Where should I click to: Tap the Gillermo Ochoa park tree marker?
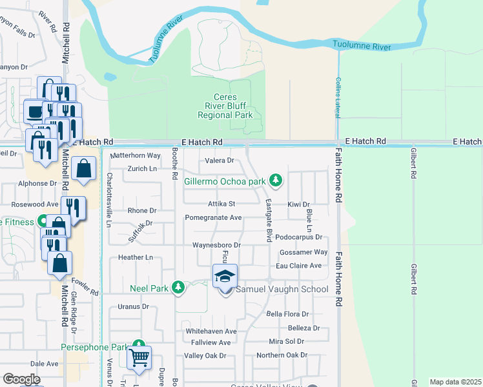click(x=276, y=180)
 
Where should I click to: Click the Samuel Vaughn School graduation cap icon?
click(x=225, y=277)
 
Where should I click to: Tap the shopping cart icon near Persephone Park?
click(x=139, y=357)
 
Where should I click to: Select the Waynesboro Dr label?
click(x=216, y=246)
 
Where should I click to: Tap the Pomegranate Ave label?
click(x=213, y=218)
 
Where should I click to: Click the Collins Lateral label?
click(x=338, y=97)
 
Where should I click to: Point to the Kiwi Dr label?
click(x=299, y=204)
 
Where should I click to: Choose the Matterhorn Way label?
click(x=136, y=155)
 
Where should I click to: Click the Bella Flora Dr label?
click(x=288, y=314)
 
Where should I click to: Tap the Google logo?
click(x=21, y=379)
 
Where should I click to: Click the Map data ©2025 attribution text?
click(x=455, y=382)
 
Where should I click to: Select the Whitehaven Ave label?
click(x=211, y=331)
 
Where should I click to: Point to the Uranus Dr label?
click(x=134, y=306)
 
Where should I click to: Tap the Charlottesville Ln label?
click(x=108, y=200)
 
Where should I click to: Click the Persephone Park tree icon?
click(x=138, y=346)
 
